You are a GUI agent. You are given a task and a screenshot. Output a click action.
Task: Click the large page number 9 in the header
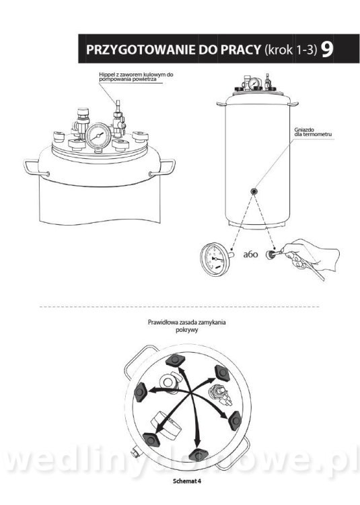coord(327,49)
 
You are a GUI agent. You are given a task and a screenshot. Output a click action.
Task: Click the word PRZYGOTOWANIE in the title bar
coord(141,50)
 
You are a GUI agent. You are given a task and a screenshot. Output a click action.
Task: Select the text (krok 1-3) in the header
coord(291,50)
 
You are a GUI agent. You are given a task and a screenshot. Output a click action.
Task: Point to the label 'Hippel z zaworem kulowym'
coord(136,74)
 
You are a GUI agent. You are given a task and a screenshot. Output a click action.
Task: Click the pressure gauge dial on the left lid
coord(98,136)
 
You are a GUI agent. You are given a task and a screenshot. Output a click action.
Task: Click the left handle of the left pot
coord(36,168)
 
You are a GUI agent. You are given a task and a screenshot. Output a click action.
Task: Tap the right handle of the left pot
coord(163,168)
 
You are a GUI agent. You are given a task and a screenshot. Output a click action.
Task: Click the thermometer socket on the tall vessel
coord(254,192)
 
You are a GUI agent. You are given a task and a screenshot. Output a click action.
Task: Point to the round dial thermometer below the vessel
coord(213,259)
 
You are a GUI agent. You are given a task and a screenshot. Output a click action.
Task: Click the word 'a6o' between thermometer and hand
coord(250,255)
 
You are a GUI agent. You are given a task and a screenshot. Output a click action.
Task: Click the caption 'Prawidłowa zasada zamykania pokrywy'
coord(186,326)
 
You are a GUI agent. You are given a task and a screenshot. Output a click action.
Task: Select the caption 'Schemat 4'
coord(187,481)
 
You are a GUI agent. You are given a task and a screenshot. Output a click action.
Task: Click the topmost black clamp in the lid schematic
coord(175,360)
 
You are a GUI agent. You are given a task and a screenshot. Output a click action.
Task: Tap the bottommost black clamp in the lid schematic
coord(199,454)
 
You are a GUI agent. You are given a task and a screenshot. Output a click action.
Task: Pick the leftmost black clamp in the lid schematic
coord(140,392)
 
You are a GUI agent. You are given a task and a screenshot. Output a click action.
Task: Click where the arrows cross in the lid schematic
coord(191,393)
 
